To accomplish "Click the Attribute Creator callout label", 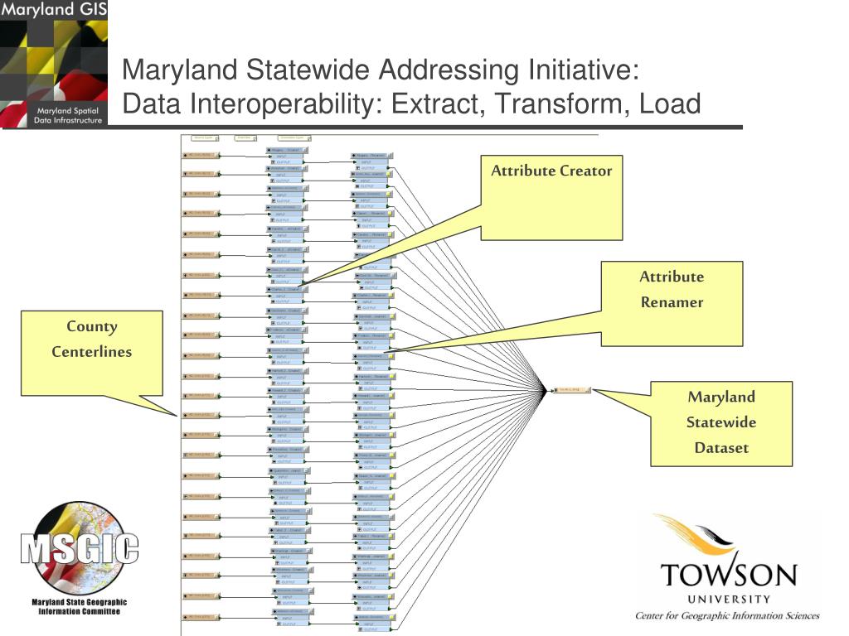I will [551, 171].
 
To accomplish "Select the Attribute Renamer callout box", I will [672, 303].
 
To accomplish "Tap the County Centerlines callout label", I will [92, 339].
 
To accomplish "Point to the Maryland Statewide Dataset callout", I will [721, 422].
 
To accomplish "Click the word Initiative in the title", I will [581, 70].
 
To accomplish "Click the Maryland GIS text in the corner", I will [53, 12].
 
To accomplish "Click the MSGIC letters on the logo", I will [80, 548].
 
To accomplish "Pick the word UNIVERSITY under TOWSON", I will [728, 599].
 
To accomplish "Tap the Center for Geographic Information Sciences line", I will [727, 615].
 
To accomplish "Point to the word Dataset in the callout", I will [721, 448].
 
